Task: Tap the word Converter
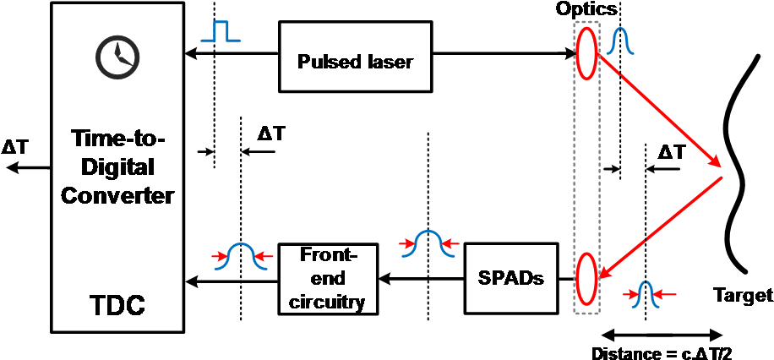click(117, 196)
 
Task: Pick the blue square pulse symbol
click(221, 32)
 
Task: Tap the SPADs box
click(511, 277)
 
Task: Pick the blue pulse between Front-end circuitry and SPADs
click(428, 244)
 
